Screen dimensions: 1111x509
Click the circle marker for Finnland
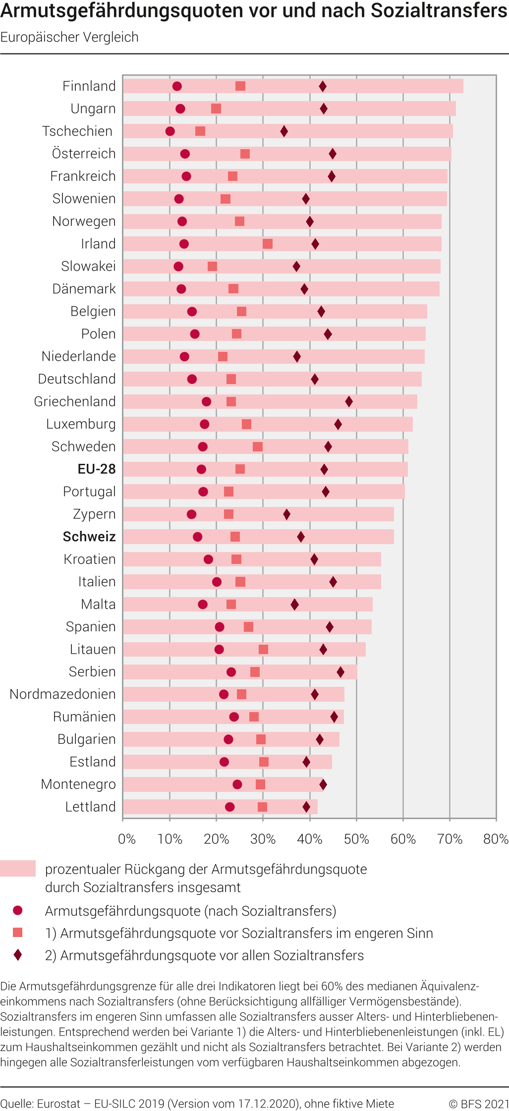(x=177, y=86)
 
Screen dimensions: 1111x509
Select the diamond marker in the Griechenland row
(x=349, y=401)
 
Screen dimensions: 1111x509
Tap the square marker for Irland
(x=268, y=244)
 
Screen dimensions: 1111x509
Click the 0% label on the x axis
(x=127, y=839)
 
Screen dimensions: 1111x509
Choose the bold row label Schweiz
(x=89, y=537)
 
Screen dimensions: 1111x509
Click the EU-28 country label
(x=97, y=469)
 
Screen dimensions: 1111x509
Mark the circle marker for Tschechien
(x=170, y=131)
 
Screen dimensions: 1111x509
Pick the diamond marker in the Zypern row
(x=286, y=514)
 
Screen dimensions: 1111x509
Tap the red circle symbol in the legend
(x=18, y=910)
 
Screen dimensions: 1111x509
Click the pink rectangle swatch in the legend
(x=18, y=869)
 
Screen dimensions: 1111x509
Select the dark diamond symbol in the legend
(x=18, y=955)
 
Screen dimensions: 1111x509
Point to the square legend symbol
(x=18, y=933)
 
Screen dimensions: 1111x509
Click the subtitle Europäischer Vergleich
(x=69, y=37)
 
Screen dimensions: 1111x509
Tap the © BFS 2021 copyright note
(x=479, y=1104)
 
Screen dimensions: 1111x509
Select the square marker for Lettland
(x=263, y=807)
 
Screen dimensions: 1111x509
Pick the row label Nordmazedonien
(x=62, y=694)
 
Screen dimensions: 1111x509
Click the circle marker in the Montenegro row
(x=237, y=784)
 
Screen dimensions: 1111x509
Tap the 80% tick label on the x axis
(x=496, y=839)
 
